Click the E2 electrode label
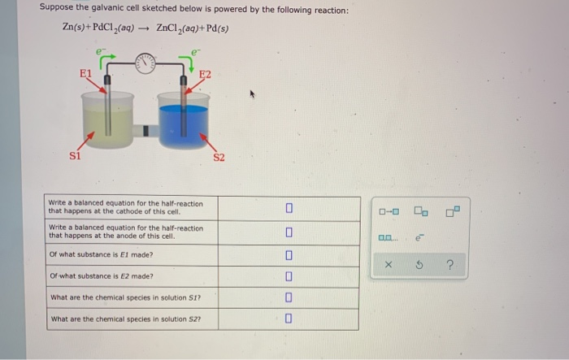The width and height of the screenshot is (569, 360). (205, 75)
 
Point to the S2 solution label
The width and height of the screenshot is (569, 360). (219, 156)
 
